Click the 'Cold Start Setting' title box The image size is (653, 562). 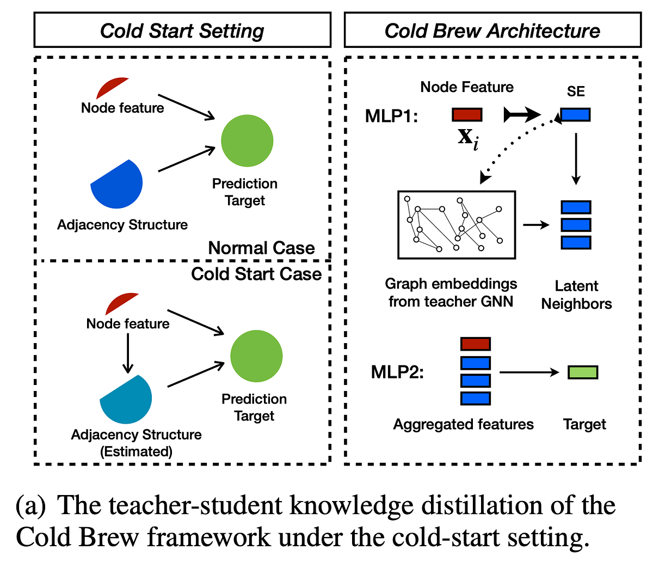tap(182, 30)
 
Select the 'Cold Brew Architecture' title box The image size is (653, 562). tap(492, 30)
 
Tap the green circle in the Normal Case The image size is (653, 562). tap(247, 140)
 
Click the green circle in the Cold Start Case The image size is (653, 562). tap(256, 356)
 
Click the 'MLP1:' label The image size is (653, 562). tap(391, 116)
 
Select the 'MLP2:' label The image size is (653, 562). tap(397, 372)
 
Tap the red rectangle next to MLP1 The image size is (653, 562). tap(467, 114)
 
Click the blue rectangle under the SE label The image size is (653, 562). tap(575, 114)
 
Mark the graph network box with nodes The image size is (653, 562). tap(457, 224)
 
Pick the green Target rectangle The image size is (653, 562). tap(583, 372)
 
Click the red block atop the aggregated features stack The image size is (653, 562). tap(476, 344)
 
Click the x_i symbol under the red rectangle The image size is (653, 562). tap(467, 137)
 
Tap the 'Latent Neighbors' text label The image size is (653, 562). tap(576, 295)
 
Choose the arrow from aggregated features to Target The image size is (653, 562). tap(529, 372)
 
